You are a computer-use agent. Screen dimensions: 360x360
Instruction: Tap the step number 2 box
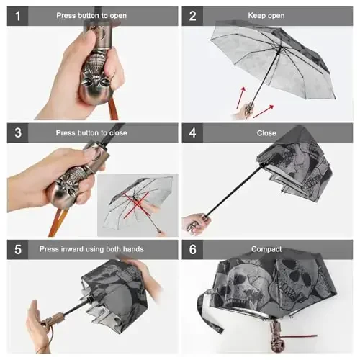tap(192, 16)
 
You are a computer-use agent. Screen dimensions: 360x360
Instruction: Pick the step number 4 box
tap(192, 132)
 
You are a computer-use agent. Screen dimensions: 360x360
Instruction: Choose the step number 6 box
tap(192, 249)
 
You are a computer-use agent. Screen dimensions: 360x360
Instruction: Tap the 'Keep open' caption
tap(266, 16)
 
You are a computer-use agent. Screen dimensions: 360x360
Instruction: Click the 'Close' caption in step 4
tap(266, 132)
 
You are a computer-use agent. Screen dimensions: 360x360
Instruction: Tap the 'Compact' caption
tap(266, 249)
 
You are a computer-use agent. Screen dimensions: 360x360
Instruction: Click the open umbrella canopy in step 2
tap(274, 58)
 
